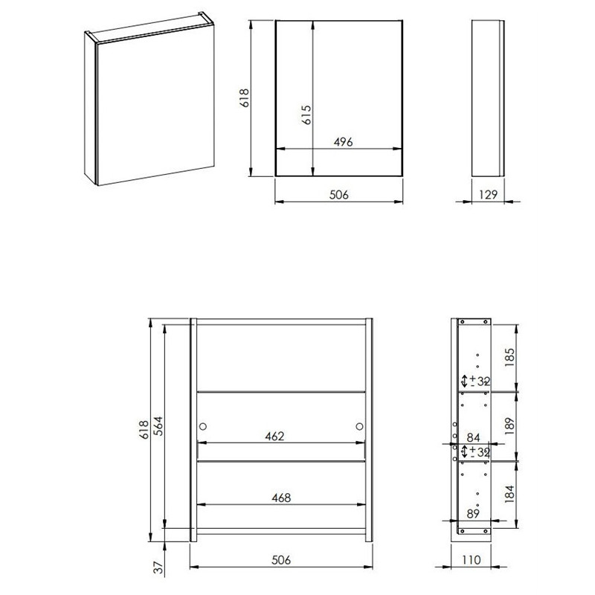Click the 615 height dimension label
click(x=306, y=115)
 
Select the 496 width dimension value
click(x=343, y=142)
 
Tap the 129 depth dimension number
click(x=488, y=195)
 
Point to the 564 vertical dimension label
click(x=158, y=425)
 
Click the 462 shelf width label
click(x=274, y=437)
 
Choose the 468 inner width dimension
click(x=281, y=498)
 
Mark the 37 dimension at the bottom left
click(x=159, y=567)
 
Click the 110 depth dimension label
click(x=471, y=560)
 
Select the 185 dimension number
click(x=509, y=357)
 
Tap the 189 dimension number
click(x=509, y=425)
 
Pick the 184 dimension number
click(x=509, y=494)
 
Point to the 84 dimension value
click(x=473, y=438)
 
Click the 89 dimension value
click(x=473, y=514)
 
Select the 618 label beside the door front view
click(x=245, y=97)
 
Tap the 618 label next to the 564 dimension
click(x=144, y=430)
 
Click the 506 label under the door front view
click(x=338, y=195)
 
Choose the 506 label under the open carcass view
click(x=281, y=560)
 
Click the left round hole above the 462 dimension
click(x=203, y=426)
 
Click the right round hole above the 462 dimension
click(x=359, y=426)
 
